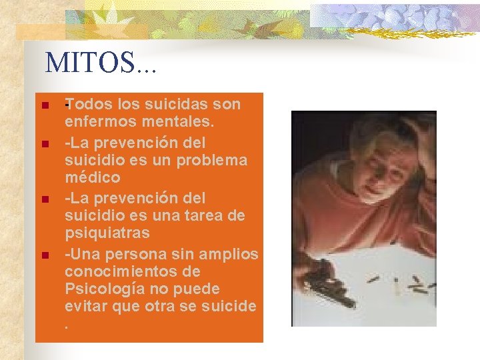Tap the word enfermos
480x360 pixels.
pos(93,122)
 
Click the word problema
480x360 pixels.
pos(213,160)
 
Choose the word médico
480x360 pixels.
pos(93,177)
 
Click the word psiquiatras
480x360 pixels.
pos(107,233)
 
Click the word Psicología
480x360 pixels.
pos(105,289)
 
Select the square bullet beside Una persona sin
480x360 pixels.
pos(44,255)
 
